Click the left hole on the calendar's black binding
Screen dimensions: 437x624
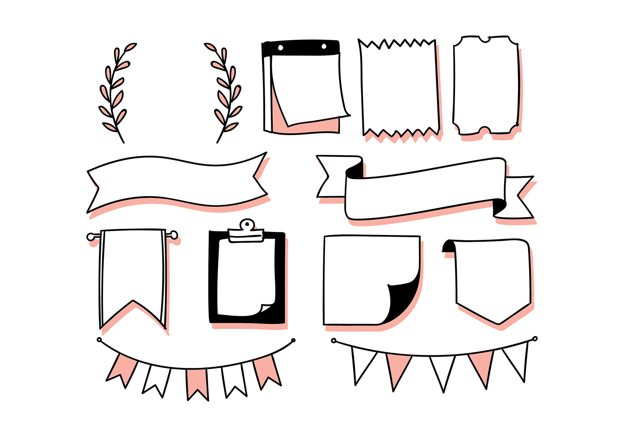pos(280,47)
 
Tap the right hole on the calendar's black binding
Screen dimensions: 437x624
pos(324,46)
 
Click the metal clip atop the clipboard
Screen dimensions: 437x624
pos(246,231)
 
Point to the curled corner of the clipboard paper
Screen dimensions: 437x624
pos(267,308)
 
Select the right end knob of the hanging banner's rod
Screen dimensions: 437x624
pos(174,235)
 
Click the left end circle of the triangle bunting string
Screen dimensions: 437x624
pos(334,341)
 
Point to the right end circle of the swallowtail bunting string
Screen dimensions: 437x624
pos(293,341)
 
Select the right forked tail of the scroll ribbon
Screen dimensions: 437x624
pos(520,197)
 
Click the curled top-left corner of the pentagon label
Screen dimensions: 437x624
pos(448,247)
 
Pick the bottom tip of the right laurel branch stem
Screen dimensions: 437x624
pos(218,142)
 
